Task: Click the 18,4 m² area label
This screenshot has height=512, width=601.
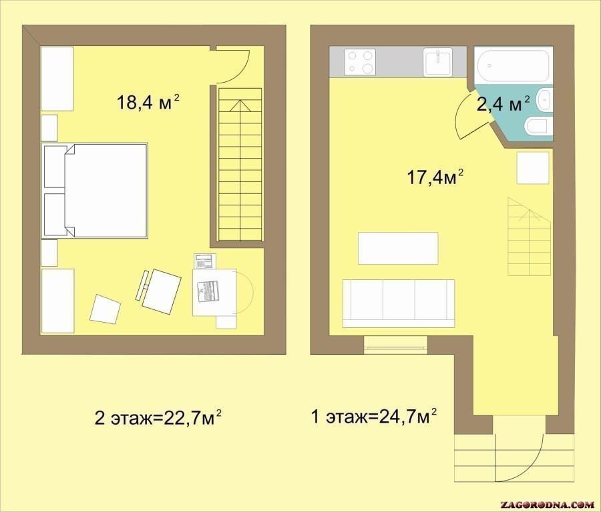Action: click(x=148, y=103)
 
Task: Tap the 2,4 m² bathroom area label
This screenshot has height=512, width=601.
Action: click(x=504, y=104)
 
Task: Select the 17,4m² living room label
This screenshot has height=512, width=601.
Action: click(x=435, y=177)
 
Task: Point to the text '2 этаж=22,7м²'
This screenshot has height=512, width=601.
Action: click(x=158, y=418)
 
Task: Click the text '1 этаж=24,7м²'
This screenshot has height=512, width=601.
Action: click(x=375, y=417)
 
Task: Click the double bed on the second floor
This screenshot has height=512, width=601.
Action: click(x=95, y=191)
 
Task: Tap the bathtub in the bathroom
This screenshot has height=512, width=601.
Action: click(x=514, y=65)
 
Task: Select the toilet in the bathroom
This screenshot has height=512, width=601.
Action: click(x=538, y=127)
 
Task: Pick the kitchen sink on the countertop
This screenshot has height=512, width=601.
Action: click(x=437, y=62)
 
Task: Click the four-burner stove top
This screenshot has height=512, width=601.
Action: click(x=361, y=62)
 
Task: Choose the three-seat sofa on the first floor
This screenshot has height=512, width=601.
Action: click(x=399, y=303)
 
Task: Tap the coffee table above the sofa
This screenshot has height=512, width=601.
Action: click(x=398, y=248)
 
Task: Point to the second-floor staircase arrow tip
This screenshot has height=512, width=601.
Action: click(x=240, y=100)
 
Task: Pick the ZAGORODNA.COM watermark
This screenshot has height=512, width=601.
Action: click(x=548, y=504)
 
